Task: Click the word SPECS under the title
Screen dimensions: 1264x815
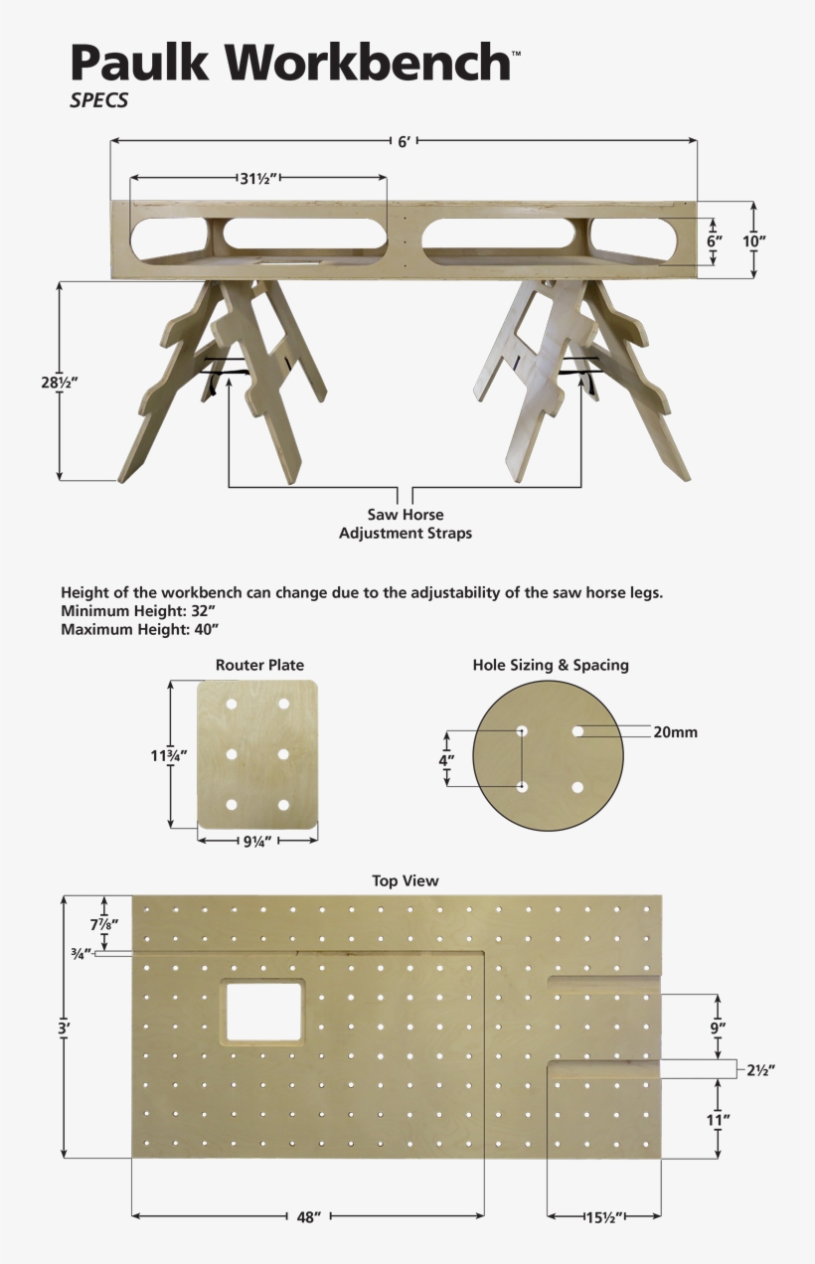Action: click(x=98, y=100)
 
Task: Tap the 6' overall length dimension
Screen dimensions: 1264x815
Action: click(x=405, y=142)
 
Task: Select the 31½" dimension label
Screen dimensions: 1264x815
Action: click(x=257, y=179)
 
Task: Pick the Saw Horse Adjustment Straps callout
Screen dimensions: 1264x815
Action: click(x=406, y=524)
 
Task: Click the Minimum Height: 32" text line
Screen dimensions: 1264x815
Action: click(x=138, y=611)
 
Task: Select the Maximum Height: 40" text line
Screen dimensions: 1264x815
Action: click(x=139, y=629)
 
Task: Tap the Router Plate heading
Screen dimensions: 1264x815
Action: click(x=259, y=665)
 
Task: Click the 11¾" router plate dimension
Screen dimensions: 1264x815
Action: click(x=169, y=754)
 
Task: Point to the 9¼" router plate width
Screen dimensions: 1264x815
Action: click(x=258, y=841)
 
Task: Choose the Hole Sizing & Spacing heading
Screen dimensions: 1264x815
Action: click(x=550, y=665)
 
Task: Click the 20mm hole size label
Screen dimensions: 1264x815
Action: click(x=675, y=732)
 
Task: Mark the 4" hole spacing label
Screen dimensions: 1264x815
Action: click(x=446, y=760)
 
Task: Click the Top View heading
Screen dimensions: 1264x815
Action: click(x=405, y=880)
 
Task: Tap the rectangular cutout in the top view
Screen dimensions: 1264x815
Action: click(x=263, y=1012)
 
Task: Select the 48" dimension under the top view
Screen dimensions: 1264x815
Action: click(x=308, y=1216)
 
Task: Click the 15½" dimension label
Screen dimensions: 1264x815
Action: click(x=603, y=1216)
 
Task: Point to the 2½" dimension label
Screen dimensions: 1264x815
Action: click(x=758, y=1070)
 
